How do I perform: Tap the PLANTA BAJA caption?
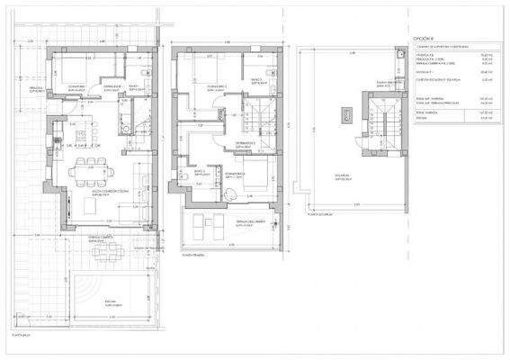(x=19, y=334)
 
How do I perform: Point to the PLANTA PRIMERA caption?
(x=193, y=255)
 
